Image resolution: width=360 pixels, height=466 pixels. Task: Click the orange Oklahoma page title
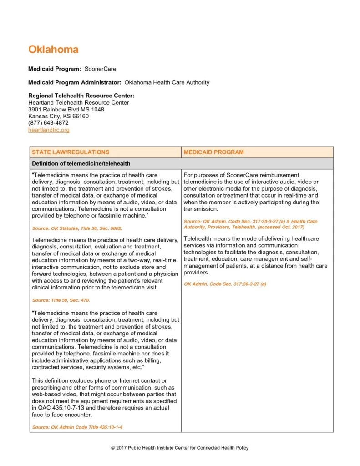(53, 49)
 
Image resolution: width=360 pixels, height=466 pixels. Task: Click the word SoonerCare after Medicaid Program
(100, 69)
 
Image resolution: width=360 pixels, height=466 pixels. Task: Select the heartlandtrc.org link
(49, 130)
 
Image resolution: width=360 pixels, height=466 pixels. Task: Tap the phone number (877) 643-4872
(48, 123)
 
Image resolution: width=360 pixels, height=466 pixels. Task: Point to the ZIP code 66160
(80, 116)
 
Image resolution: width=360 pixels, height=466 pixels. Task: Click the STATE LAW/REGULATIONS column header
(71, 152)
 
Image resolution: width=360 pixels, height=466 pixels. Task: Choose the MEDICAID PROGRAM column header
(213, 152)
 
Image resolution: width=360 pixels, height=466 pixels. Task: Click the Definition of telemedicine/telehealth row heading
(81, 163)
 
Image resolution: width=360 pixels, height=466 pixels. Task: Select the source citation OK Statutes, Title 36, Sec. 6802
(77, 228)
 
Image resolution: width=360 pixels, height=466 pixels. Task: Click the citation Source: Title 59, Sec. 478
(61, 300)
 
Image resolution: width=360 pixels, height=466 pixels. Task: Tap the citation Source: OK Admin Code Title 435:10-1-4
(77, 427)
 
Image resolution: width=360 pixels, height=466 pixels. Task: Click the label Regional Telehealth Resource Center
(81, 96)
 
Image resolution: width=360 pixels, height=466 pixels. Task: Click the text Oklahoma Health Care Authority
(167, 82)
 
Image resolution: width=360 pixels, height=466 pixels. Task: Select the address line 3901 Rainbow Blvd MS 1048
(66, 109)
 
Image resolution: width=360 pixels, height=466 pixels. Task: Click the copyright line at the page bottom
(180, 448)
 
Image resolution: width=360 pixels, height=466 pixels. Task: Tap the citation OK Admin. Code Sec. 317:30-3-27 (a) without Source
(225, 284)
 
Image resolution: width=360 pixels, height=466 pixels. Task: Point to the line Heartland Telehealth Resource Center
(78, 102)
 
